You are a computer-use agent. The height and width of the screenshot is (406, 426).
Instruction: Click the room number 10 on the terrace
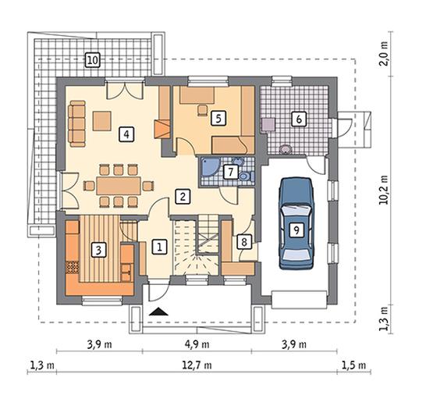click(93, 60)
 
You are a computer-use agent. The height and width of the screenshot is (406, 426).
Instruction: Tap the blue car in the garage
click(296, 223)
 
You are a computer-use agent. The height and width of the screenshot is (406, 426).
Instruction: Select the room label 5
click(218, 119)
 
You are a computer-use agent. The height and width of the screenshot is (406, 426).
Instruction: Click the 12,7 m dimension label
click(197, 365)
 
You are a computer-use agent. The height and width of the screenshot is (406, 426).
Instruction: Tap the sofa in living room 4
click(77, 123)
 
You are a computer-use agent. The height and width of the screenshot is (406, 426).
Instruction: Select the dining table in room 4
click(119, 186)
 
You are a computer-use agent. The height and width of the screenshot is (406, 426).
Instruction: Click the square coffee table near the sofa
click(102, 121)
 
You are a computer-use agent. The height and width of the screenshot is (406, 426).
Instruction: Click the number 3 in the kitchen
click(98, 250)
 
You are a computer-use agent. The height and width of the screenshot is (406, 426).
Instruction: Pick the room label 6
click(299, 119)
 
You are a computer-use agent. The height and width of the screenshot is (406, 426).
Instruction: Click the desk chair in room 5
click(202, 110)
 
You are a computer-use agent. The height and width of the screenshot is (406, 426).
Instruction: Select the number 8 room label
click(244, 241)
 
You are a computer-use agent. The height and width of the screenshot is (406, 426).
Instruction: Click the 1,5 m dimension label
click(353, 365)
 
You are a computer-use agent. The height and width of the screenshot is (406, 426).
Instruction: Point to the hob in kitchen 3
click(73, 267)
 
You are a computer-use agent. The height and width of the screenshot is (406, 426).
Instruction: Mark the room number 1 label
click(159, 247)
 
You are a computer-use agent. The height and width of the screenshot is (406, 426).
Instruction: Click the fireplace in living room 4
click(162, 129)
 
